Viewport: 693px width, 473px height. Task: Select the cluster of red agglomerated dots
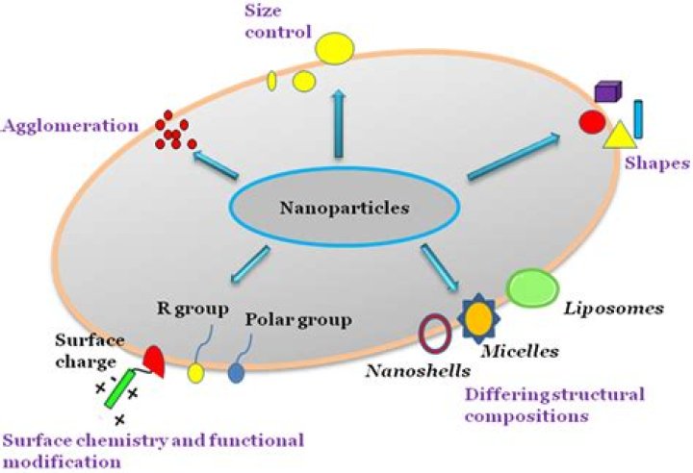point(174,134)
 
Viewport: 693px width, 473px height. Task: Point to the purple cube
point(607,92)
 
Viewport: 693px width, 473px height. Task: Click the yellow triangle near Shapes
point(617,136)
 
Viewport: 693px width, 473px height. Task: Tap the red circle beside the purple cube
point(591,122)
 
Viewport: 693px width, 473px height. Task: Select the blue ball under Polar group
point(236,369)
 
